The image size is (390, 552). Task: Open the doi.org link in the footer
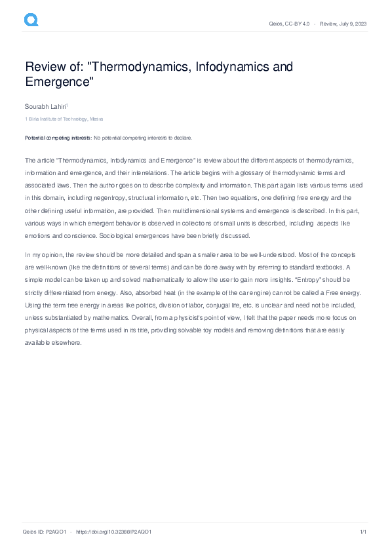click(115, 532)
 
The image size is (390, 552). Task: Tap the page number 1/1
click(362, 532)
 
